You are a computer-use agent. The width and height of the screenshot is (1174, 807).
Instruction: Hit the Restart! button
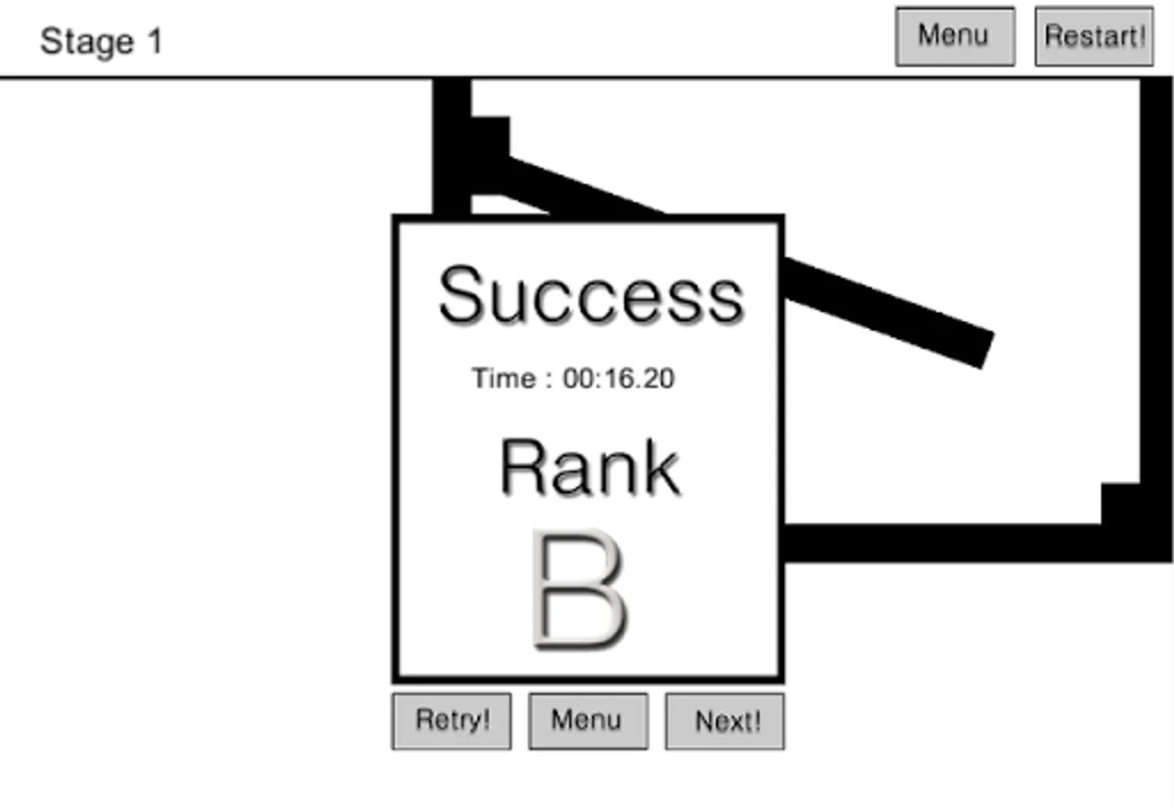click(x=1094, y=37)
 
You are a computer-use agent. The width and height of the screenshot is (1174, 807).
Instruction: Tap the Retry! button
click(x=451, y=721)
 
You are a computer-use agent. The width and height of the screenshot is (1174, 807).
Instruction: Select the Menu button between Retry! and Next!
click(x=587, y=721)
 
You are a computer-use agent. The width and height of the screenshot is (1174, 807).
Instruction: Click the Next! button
click(x=725, y=721)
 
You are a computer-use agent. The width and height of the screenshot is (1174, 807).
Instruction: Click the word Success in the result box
click(x=590, y=296)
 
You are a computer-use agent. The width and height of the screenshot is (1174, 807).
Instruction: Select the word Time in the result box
click(x=503, y=378)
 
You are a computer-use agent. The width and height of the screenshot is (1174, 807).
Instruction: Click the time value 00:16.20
click(x=618, y=378)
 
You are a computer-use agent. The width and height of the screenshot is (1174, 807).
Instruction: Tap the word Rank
click(x=589, y=467)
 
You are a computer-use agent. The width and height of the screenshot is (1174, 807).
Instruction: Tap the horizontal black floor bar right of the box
click(x=942, y=543)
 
